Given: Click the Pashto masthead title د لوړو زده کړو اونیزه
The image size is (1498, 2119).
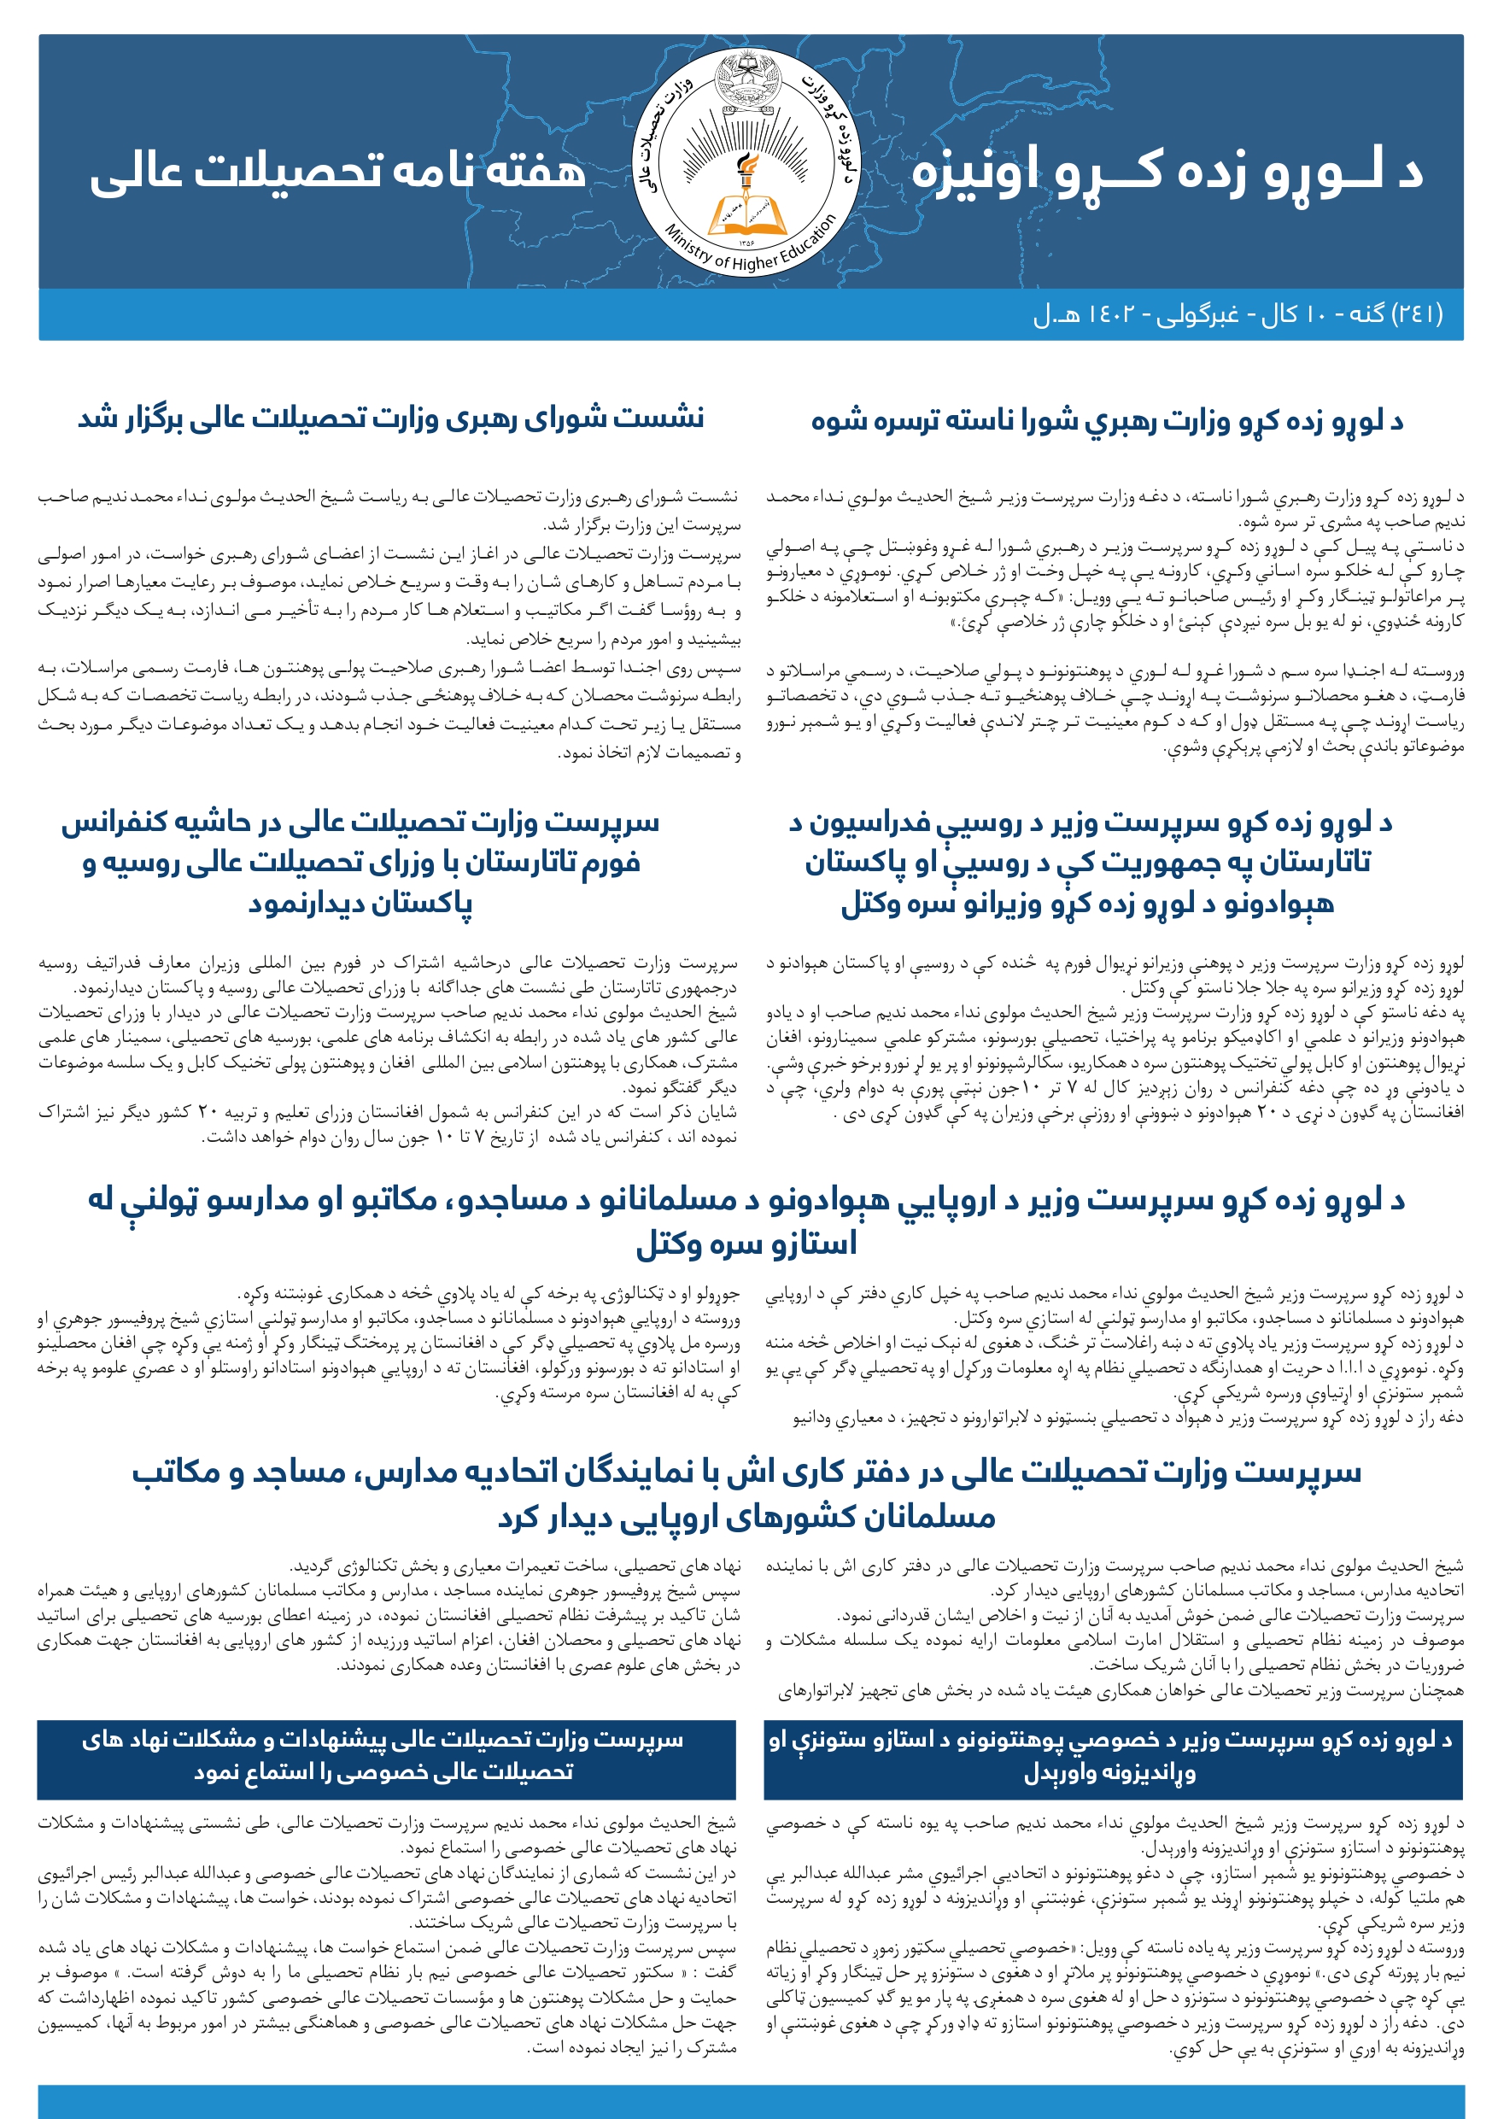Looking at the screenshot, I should [x=1167, y=173].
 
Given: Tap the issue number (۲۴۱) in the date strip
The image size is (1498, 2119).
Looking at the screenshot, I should [x=1416, y=314].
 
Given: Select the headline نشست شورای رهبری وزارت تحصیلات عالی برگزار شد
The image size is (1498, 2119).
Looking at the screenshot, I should [x=390, y=419].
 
